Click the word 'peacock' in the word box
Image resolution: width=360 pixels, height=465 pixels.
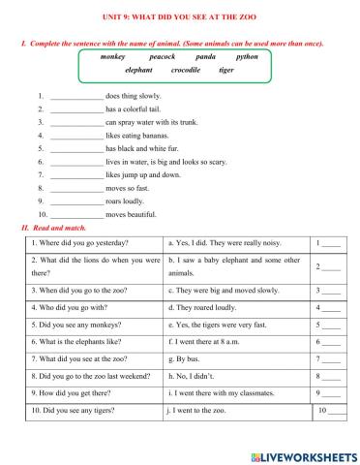162,58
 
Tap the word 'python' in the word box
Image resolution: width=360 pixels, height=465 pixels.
247,58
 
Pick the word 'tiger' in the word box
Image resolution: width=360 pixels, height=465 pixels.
225,72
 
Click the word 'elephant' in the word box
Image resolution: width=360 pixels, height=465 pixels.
140,72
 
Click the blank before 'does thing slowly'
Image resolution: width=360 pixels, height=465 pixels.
75,98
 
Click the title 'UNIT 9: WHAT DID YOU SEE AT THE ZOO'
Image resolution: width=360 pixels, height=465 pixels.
180,16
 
